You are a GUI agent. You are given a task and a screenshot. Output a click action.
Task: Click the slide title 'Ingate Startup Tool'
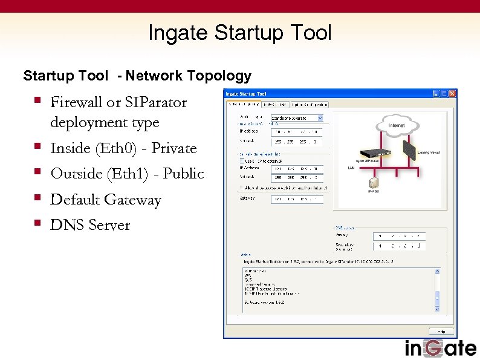(x=239, y=33)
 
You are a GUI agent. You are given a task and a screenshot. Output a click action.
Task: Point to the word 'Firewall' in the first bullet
(x=77, y=102)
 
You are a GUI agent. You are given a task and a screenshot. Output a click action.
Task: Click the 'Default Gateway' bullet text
(x=106, y=200)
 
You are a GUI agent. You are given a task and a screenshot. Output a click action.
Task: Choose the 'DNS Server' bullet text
(x=90, y=225)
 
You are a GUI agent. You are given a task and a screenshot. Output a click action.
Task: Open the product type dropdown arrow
(x=320, y=118)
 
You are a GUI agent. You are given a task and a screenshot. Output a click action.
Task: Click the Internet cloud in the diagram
(x=397, y=126)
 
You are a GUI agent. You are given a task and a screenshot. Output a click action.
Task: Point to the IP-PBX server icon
(x=374, y=182)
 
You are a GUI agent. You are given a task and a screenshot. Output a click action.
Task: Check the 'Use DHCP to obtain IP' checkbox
(x=242, y=161)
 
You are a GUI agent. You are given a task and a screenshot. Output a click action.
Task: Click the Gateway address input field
(x=297, y=198)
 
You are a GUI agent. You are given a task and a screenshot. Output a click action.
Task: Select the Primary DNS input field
(x=400, y=235)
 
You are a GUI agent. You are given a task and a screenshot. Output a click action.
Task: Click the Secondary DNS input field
(x=400, y=246)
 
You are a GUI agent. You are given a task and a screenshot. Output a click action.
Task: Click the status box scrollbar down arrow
(x=437, y=309)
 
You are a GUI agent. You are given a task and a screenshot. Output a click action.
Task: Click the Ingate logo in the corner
(x=440, y=349)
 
